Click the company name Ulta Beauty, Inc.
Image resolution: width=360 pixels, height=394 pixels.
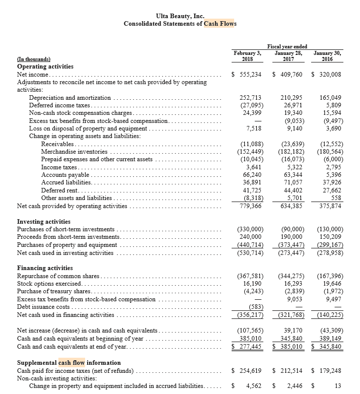180,17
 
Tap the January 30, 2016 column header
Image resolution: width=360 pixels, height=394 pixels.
326,55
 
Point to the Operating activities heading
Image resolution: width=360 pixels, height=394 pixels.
45,67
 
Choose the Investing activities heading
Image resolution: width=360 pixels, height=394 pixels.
44,222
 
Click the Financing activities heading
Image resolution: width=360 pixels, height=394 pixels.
45,268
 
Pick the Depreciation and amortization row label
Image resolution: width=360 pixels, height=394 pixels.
70,97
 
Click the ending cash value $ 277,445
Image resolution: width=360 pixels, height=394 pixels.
248,347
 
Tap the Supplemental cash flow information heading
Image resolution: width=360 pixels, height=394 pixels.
69,363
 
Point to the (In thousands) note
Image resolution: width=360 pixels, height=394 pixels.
35,59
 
